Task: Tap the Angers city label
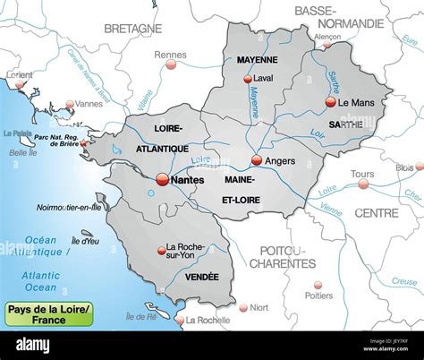[x=280, y=161]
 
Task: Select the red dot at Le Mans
[x=331, y=102]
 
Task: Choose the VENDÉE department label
[x=201, y=277]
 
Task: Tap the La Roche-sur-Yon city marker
[x=160, y=248]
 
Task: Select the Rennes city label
[x=170, y=55]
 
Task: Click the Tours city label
[x=362, y=174]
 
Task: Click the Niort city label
[x=259, y=307]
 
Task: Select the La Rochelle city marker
[x=179, y=320]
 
